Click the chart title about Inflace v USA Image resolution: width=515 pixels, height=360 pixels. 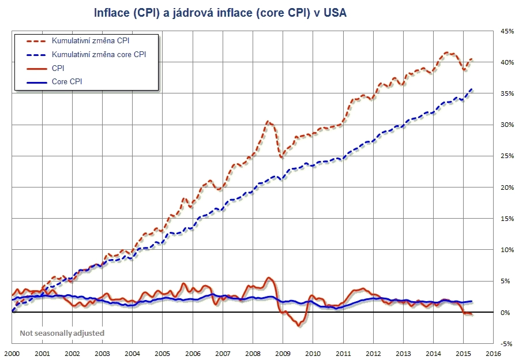point(220,12)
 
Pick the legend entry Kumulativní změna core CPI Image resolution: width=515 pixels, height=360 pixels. point(99,55)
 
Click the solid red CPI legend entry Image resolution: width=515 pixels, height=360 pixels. point(57,68)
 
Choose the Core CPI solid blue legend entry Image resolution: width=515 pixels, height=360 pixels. point(66,81)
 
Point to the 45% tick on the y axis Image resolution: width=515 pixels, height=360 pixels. point(506,31)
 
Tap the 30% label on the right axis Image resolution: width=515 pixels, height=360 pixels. point(506,125)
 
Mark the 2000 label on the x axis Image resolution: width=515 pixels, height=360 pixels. point(12,352)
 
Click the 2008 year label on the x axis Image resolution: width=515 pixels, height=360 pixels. point(253,352)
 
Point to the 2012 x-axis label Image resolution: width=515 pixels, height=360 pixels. point(373,352)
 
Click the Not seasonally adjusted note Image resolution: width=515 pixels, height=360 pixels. point(62,333)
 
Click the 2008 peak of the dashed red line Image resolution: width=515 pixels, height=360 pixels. point(269,121)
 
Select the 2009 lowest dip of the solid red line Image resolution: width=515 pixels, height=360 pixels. point(299,325)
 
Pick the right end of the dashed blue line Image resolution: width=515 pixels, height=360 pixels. point(472,89)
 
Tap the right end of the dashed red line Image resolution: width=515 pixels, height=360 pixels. point(472,59)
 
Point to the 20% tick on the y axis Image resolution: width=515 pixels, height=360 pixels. point(506,187)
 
